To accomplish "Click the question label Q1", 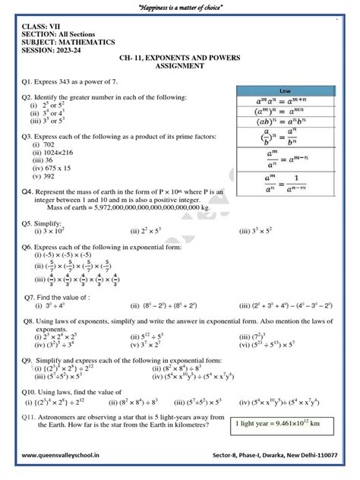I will [28, 81].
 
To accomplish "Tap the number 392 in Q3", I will [46, 176].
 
